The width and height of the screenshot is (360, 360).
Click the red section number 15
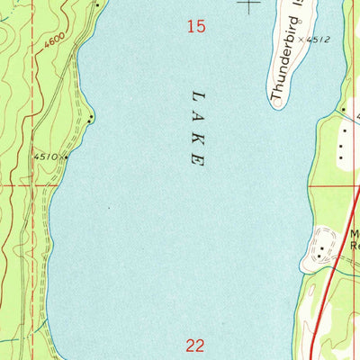click(x=196, y=28)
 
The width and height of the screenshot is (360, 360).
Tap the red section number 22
click(x=196, y=344)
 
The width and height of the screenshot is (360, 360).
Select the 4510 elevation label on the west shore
click(x=47, y=156)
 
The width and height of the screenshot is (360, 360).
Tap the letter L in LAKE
click(x=197, y=93)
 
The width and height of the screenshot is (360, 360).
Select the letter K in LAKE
click(x=197, y=138)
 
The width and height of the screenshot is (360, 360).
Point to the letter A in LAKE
click(x=197, y=115)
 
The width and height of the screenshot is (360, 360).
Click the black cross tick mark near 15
click(x=248, y=4)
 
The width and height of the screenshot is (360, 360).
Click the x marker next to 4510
click(x=65, y=155)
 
